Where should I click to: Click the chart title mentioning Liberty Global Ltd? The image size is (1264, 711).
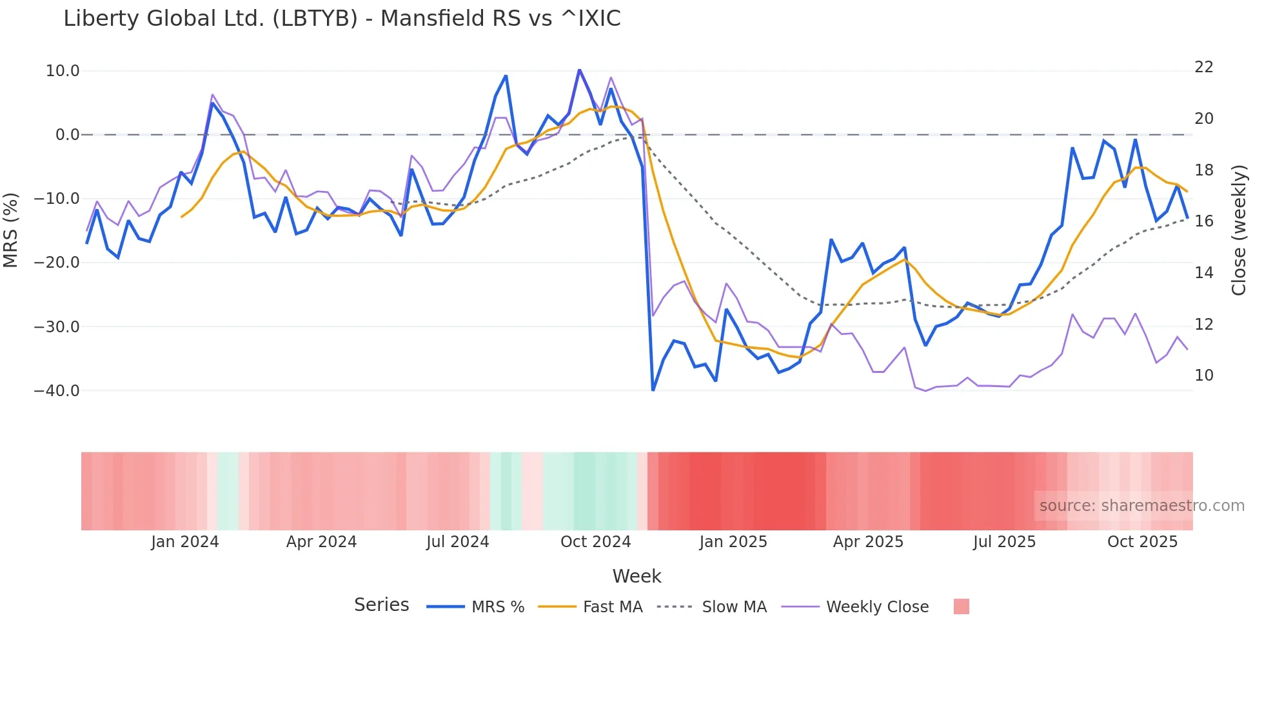pyautogui.click(x=342, y=19)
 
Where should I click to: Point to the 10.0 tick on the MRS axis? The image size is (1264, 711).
pyautogui.click(x=63, y=71)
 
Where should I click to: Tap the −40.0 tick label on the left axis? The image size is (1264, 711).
pyautogui.click(x=57, y=391)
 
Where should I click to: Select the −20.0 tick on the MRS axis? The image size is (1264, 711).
pyautogui.click(x=57, y=263)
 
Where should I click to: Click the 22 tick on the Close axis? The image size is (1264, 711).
pyautogui.click(x=1204, y=67)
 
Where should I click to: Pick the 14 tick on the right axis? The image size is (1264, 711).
pyautogui.click(x=1204, y=273)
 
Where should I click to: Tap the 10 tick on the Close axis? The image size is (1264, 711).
pyautogui.click(x=1204, y=376)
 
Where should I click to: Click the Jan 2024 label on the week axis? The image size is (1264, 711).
pyautogui.click(x=185, y=542)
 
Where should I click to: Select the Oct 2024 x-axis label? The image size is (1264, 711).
pyautogui.click(x=595, y=542)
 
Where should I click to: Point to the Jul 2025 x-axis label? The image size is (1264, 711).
pyautogui.click(x=1004, y=542)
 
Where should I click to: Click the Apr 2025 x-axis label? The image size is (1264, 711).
pyautogui.click(x=868, y=542)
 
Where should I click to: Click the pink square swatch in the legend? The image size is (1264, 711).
pyautogui.click(x=961, y=606)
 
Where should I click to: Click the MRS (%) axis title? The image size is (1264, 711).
pyautogui.click(x=11, y=230)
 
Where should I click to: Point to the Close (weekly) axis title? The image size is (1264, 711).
pyautogui.click(x=1239, y=230)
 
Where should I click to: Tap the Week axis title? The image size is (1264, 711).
pyautogui.click(x=637, y=576)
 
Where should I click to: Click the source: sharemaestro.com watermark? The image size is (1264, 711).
pyautogui.click(x=1141, y=506)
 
